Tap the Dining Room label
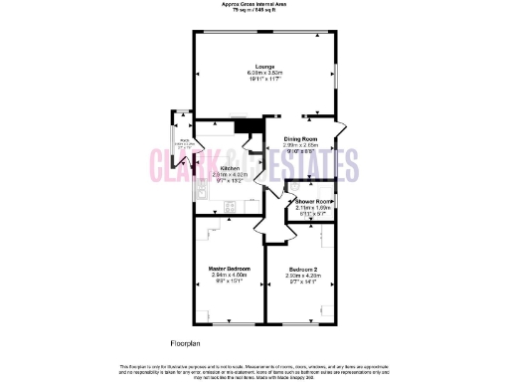click(300, 138)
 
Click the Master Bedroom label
click(229, 270)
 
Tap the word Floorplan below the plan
click(185, 343)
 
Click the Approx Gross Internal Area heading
click(254, 5)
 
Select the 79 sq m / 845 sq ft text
click(254, 11)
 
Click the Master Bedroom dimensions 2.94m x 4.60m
click(229, 276)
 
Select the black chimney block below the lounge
click(246, 125)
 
